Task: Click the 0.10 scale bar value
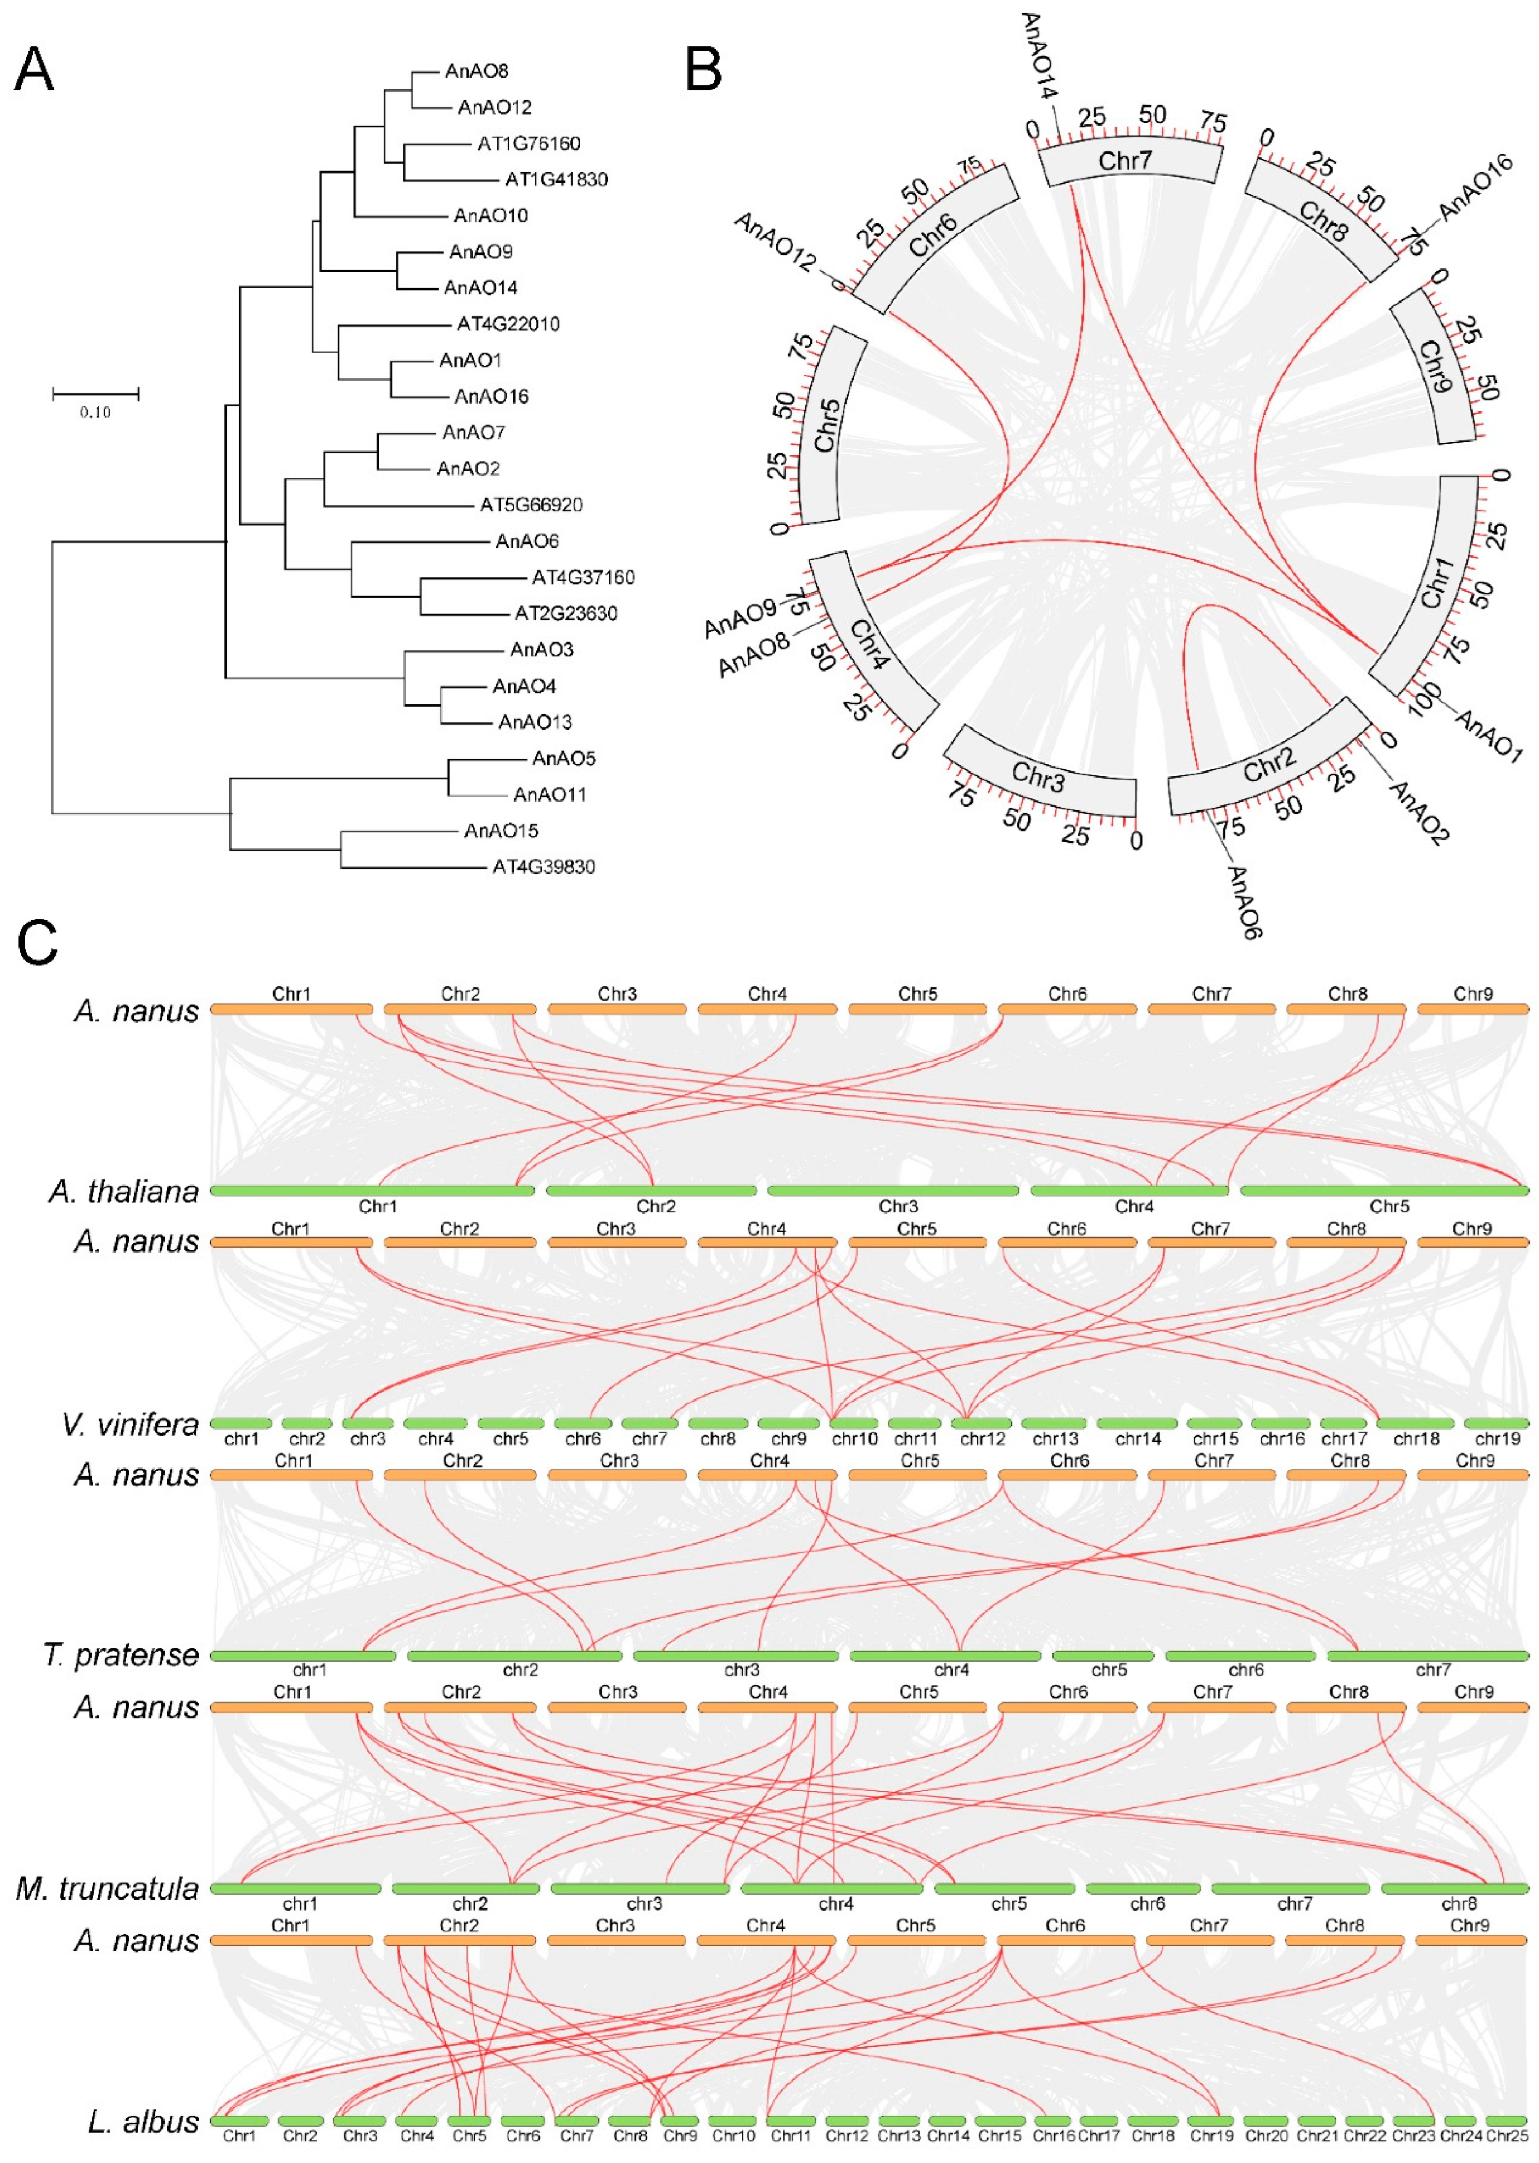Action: coord(95,413)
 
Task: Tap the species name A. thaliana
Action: coord(124,1191)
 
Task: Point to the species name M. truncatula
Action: coord(108,1888)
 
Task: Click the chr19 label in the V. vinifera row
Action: coord(1497,1439)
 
